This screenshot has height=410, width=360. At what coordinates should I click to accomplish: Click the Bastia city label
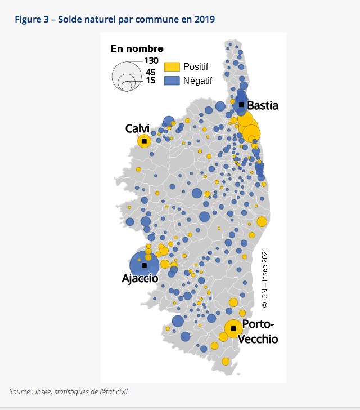click(263, 105)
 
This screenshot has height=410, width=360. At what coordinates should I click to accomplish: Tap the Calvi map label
click(137, 129)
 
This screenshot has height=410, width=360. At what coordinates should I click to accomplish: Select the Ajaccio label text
click(140, 278)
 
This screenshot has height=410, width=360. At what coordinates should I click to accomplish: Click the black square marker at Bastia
click(241, 105)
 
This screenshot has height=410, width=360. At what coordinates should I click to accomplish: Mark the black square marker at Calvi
click(144, 141)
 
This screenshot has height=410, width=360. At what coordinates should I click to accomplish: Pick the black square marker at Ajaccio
click(144, 265)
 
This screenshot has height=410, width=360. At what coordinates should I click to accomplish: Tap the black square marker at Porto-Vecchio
click(233, 328)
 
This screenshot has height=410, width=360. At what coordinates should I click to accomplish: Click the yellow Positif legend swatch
click(172, 67)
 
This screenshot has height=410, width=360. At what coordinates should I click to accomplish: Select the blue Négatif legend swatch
click(172, 81)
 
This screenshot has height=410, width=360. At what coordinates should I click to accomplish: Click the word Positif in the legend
click(195, 67)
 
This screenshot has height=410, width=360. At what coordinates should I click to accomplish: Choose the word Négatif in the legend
click(197, 81)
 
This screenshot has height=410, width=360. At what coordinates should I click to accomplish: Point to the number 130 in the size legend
click(151, 60)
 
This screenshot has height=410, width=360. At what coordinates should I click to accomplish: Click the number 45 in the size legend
click(150, 72)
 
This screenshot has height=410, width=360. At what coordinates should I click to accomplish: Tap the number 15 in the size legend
click(150, 80)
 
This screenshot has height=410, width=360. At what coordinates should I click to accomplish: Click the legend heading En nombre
click(137, 48)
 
